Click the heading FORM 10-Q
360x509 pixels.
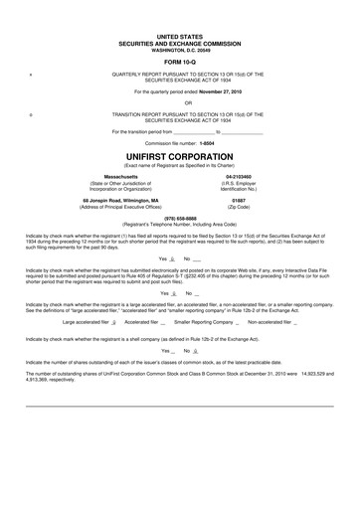click(179, 62)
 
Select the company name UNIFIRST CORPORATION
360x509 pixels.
click(180, 156)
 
